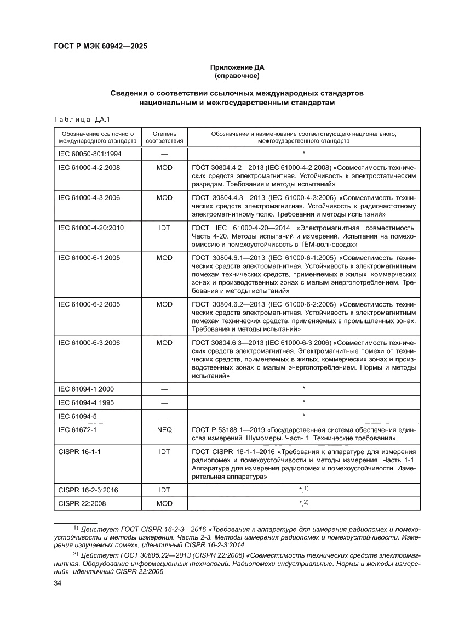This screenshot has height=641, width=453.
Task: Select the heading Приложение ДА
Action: coord(237,67)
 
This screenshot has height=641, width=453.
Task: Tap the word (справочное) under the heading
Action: coord(237,75)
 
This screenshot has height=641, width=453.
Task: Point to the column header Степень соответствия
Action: coord(164,137)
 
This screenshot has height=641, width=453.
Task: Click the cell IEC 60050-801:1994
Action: coord(90,154)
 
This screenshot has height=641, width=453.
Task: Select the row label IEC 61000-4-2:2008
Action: coord(90,167)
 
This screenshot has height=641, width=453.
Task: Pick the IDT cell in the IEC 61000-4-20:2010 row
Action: coord(164,226)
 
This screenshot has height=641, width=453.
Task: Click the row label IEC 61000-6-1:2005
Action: coord(89,256)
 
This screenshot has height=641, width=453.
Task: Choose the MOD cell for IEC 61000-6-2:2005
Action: coord(164,303)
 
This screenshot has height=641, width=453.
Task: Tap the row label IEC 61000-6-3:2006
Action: coord(89,342)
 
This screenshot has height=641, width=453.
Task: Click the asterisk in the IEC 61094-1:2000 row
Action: coord(303,389)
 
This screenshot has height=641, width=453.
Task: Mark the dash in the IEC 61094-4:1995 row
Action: coord(164,402)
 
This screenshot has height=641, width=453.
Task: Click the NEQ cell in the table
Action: coord(164,430)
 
